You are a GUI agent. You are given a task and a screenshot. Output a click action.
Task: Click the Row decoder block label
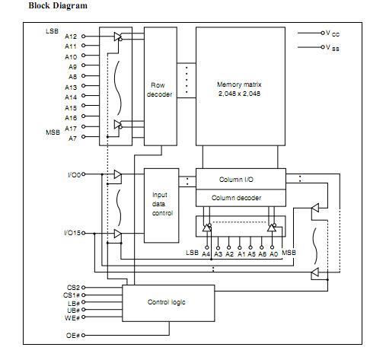tap(159, 90)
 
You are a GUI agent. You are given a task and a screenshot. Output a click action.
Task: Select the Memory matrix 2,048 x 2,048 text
tap(239, 89)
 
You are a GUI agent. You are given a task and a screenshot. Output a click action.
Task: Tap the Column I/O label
tap(236, 180)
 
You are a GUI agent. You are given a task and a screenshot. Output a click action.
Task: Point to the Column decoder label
tap(236, 198)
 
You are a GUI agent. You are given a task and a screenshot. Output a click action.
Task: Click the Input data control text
tap(162, 204)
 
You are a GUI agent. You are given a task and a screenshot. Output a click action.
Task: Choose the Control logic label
tap(167, 302)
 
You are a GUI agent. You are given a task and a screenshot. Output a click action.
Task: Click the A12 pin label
tap(71, 37)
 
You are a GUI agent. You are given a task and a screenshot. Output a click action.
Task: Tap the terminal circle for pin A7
tap(83, 137)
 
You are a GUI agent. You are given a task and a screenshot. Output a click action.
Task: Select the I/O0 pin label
tap(74, 175)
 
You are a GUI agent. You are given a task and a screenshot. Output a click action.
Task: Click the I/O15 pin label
tap(72, 233)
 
